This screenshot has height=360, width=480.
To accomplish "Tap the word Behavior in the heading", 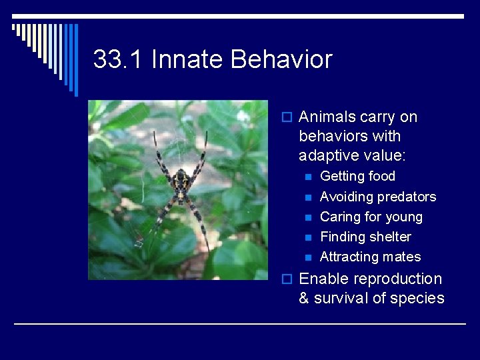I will [x=281, y=60].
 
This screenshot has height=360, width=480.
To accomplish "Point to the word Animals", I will [x=327, y=117].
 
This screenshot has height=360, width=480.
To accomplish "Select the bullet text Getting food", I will [x=357, y=177].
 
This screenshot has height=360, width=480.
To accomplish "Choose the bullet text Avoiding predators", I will [x=378, y=197].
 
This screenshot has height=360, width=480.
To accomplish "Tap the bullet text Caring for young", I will [x=371, y=217].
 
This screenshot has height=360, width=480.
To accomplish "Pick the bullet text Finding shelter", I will [x=365, y=237].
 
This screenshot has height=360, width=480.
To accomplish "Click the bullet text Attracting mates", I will [x=370, y=257].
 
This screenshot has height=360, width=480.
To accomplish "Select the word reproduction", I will [x=397, y=279].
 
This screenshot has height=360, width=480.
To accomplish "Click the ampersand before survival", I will [x=304, y=299].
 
